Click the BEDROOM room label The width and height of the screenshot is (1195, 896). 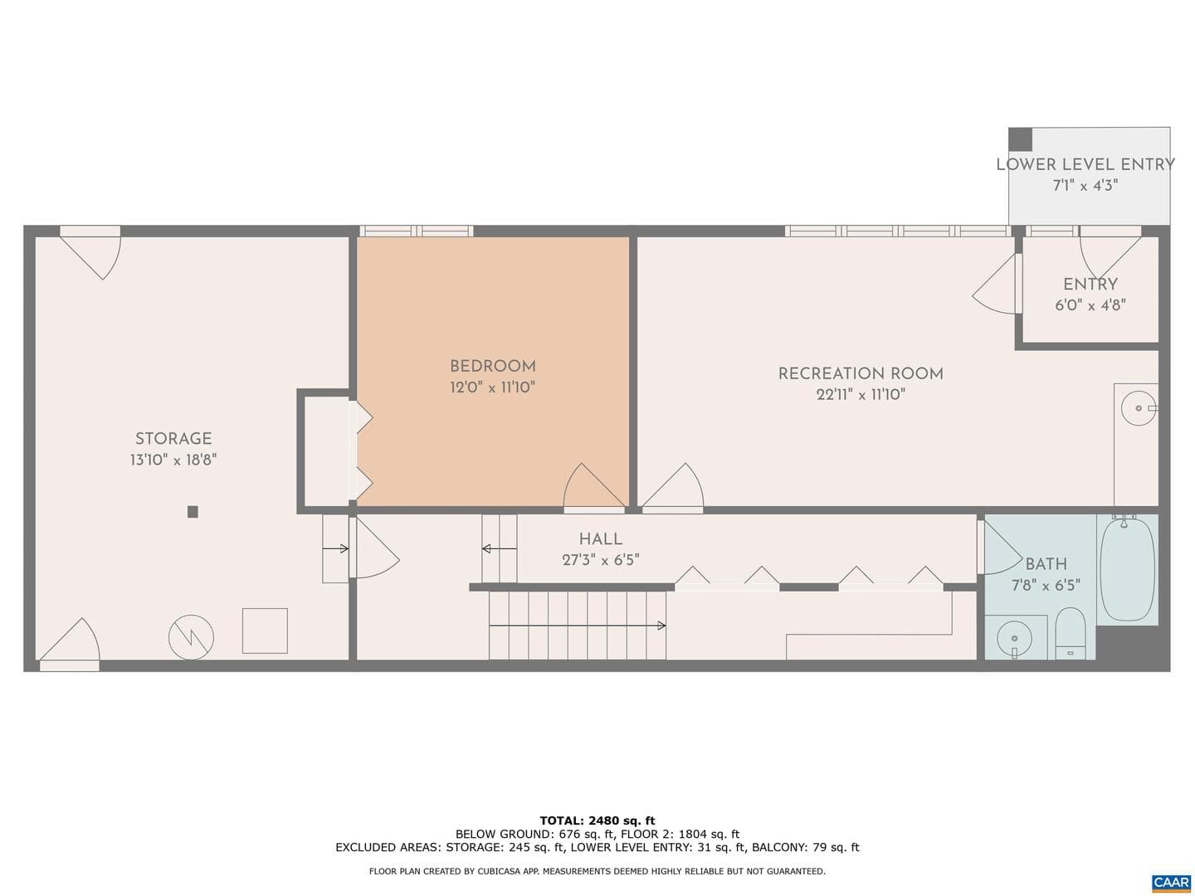pyautogui.click(x=492, y=366)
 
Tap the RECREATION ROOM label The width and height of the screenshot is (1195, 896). pyautogui.click(x=861, y=373)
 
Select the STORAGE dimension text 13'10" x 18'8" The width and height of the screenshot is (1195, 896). pyautogui.click(x=173, y=460)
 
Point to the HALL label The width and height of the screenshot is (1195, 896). pyautogui.click(x=601, y=539)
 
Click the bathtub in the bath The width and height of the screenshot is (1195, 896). pyautogui.click(x=1128, y=569)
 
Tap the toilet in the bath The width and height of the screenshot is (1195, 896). pyautogui.click(x=1071, y=633)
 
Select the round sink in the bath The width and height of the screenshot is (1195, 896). pyautogui.click(x=1014, y=638)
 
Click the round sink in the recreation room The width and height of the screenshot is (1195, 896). pyautogui.click(x=1139, y=408)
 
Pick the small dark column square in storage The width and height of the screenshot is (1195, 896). pyautogui.click(x=193, y=511)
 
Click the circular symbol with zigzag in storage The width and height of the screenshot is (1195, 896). pyautogui.click(x=191, y=637)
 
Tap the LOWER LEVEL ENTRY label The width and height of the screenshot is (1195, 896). pyautogui.click(x=1085, y=164)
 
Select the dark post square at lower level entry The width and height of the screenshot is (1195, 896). pyautogui.click(x=1020, y=139)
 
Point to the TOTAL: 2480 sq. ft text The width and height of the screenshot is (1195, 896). pyautogui.click(x=597, y=821)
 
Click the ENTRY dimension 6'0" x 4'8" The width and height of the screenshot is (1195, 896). pyautogui.click(x=1090, y=305)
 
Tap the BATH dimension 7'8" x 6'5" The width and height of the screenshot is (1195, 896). pyautogui.click(x=1046, y=586)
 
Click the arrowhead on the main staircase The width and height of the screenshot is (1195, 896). pyautogui.click(x=661, y=626)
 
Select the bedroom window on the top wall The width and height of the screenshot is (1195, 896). pyautogui.click(x=417, y=231)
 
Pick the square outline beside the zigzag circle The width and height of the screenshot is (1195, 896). pyautogui.click(x=265, y=631)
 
